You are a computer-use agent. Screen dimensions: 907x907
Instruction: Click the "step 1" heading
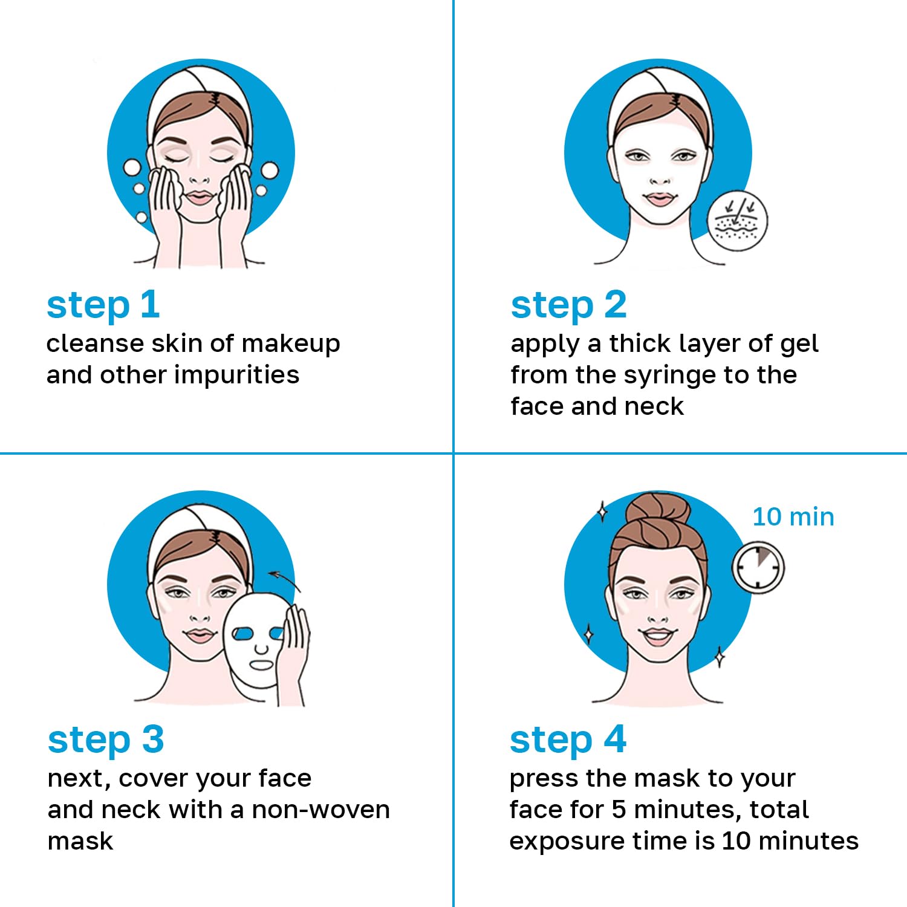point(103,305)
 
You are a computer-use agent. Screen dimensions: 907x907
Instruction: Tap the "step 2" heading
point(568,305)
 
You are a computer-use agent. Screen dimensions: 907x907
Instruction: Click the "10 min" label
point(793,517)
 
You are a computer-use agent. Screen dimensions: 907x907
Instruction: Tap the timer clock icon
point(758,568)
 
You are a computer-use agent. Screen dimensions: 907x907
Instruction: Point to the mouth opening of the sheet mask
point(262,665)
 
